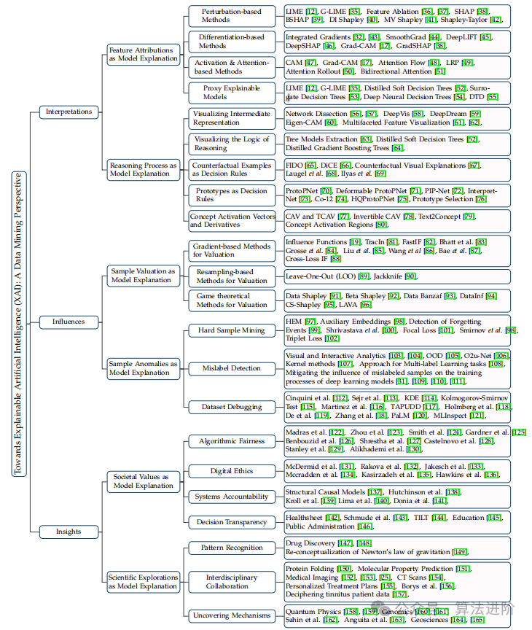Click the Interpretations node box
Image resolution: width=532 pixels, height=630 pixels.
[x=69, y=112]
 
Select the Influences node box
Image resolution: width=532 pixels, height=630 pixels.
[x=69, y=321]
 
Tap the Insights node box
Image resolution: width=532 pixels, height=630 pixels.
[x=69, y=532]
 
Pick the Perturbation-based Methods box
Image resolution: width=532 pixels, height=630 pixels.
[x=232, y=16]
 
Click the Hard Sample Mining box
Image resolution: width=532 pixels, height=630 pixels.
[x=232, y=330]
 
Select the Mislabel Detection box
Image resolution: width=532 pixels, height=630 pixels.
[x=232, y=368]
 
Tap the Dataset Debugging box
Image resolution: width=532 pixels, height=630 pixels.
[x=232, y=406]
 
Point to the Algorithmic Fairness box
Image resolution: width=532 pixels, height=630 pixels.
[x=232, y=442]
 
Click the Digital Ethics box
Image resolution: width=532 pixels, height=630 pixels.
[x=232, y=471]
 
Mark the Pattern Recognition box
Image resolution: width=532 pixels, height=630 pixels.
[x=232, y=548]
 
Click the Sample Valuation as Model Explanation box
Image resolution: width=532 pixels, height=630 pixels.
[x=143, y=276]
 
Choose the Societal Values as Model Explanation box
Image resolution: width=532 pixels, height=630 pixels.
[x=143, y=481]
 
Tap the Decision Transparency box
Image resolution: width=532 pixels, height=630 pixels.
[x=232, y=522]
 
